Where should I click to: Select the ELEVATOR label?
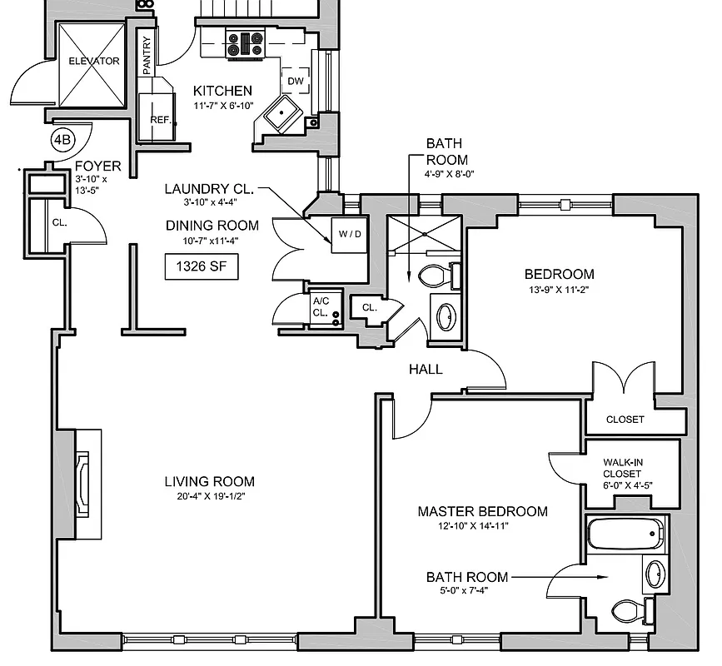pos(94,61)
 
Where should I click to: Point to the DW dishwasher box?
pos(296,82)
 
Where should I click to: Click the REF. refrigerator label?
pos(160,119)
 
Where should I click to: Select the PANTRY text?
pos(147,56)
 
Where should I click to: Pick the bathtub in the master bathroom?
pos(625,534)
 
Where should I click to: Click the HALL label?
pos(425,370)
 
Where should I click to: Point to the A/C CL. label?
pos(320,307)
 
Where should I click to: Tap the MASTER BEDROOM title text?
pos(482,511)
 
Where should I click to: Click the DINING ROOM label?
pos(212,226)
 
